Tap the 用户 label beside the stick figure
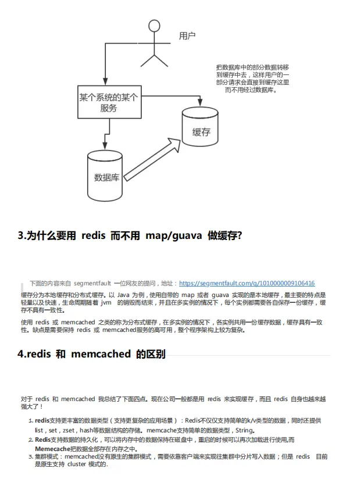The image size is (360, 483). click(187, 36)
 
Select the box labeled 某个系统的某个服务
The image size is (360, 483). click(108, 102)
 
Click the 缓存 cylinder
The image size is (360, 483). click(201, 130)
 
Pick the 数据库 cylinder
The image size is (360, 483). click(106, 176)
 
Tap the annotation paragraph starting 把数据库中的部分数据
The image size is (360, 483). click(252, 78)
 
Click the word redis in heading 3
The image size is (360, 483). click(93, 235)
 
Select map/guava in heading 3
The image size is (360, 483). click(173, 235)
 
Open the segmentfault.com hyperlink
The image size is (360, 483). click(247, 284)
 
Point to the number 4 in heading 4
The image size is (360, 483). click(21, 354)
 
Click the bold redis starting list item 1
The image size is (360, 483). click(42, 420)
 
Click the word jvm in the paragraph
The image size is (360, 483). click(106, 303)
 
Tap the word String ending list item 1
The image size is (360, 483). click(244, 430)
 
